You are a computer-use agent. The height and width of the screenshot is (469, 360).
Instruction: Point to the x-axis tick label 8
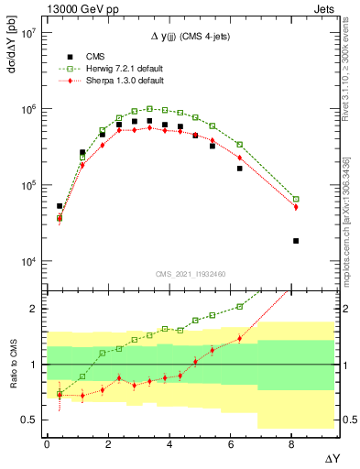point(292,444)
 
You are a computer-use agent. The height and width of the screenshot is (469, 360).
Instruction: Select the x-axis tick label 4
point(169,444)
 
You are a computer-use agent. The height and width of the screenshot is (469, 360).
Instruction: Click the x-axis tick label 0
point(47,444)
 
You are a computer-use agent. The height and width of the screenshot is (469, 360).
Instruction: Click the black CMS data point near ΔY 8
point(296,241)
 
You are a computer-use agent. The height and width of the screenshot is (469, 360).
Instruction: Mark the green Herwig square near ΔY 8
point(296,199)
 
